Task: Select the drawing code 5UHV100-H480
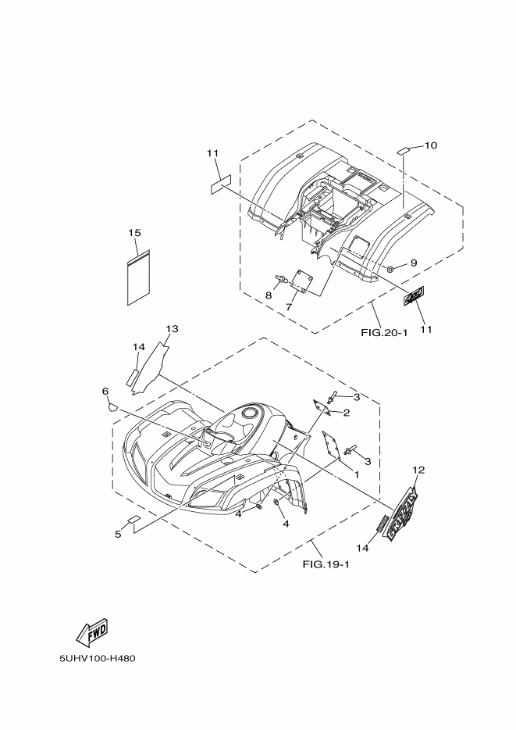pos(98,658)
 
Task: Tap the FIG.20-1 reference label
pos(385,332)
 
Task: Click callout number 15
pos(134,233)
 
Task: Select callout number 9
pos(413,263)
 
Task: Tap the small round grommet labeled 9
pos(389,269)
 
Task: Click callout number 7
pos(287,307)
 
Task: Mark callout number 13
pos(172,328)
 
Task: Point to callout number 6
pos(104,391)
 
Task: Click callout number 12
pos(418,470)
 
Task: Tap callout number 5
pos(118,534)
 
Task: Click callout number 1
pos(355,474)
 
